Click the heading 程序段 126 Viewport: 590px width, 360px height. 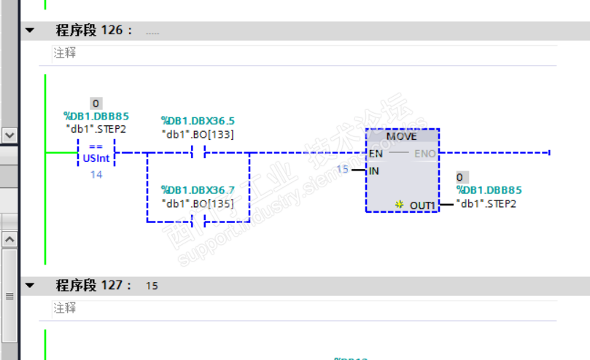pos(94,31)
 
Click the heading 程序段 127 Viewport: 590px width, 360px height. pos(94,286)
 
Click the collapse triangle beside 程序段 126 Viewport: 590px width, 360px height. pos(30,31)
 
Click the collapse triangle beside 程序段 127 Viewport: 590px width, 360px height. pos(30,286)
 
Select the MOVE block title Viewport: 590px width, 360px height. pos(401,137)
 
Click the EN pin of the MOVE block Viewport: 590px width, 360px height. pos(376,154)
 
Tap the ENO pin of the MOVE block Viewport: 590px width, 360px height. pos(424,154)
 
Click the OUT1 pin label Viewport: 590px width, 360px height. pos(422,206)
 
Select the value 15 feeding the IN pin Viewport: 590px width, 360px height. pos(342,170)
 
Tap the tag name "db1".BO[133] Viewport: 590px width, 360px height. pos(197,134)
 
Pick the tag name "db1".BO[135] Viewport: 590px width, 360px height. pos(197,203)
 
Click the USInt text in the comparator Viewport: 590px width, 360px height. pos(96,157)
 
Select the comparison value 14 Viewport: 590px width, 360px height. pos(96,175)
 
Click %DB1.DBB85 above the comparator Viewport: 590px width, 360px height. pos(96,116)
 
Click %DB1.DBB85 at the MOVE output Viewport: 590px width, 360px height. pos(489,190)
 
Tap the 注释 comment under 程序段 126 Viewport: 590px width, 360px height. pos(64,53)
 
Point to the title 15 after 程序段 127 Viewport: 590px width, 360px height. pos(152,286)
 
